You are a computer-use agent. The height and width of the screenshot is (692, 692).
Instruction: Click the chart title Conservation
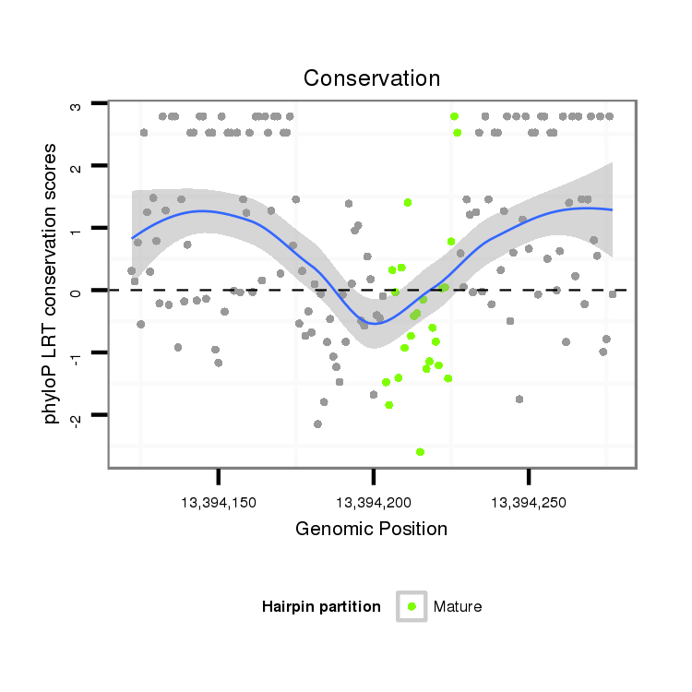(372, 78)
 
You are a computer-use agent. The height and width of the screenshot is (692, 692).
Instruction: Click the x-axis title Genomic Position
(371, 529)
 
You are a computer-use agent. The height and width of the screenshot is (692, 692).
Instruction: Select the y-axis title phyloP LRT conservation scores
(52, 283)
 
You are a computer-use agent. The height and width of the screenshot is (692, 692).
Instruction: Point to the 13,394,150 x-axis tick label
(219, 503)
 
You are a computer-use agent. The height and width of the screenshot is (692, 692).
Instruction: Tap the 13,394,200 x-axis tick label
(373, 503)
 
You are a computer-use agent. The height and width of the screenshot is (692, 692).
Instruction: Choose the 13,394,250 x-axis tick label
(528, 503)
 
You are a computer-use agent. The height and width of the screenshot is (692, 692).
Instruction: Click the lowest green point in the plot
(420, 452)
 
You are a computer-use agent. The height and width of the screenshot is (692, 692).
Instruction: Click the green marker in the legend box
(412, 606)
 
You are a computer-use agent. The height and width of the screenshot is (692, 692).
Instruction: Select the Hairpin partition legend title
(321, 606)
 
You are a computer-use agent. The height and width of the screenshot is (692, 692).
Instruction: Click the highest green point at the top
(454, 116)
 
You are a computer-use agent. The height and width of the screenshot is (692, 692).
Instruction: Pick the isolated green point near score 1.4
(407, 202)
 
